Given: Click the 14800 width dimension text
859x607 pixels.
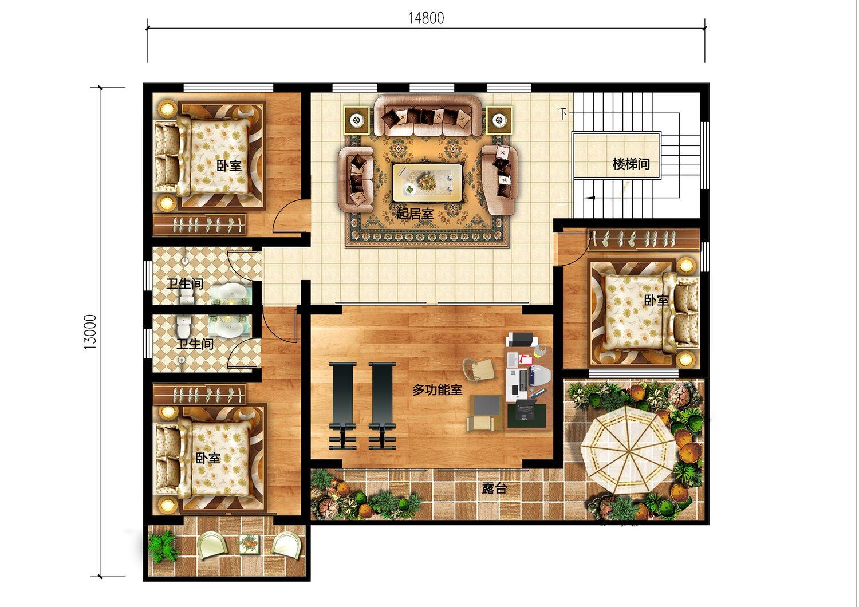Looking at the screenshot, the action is pos(425,18).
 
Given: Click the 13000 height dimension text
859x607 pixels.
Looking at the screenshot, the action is pos(90,332).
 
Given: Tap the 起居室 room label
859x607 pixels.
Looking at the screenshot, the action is pos(415,214).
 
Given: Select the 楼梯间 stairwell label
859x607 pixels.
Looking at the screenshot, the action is pos(631,164).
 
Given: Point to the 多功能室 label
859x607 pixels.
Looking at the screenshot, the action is pos(437,390).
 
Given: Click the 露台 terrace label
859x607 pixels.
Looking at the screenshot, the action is pos(494,488).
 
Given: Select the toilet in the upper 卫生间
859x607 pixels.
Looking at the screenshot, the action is pos(187,296).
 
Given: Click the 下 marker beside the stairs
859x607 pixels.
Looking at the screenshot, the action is pos(562,113).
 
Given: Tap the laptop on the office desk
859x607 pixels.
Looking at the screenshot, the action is pos(525,410).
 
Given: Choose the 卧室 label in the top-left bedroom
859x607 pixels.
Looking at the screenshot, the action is pos(229,165).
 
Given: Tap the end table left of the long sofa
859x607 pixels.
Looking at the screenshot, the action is pos(357,120).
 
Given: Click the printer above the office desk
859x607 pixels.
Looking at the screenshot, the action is pos(521,340).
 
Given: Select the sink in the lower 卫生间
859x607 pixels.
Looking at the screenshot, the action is pos(229,327).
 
